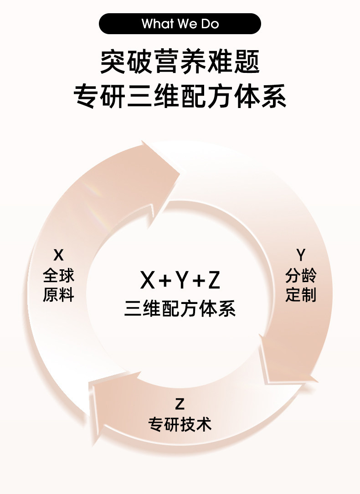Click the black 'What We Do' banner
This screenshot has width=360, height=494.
click(x=180, y=24)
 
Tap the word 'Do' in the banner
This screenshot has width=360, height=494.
click(x=210, y=24)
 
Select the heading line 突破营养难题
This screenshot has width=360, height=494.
click(x=180, y=63)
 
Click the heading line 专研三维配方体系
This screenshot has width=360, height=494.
click(x=180, y=97)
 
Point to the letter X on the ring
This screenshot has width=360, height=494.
click(x=58, y=254)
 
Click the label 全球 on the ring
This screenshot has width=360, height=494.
click(x=58, y=275)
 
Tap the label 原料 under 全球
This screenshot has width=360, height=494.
click(x=58, y=295)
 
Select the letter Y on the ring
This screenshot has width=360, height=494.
click(x=300, y=254)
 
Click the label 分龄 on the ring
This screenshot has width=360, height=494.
click(x=300, y=275)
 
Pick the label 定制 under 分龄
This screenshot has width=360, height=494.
click(x=300, y=295)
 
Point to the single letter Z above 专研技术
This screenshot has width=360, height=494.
click(x=180, y=404)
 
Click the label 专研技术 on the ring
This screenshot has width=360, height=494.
click(x=180, y=424)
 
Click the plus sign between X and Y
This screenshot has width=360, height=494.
click(x=164, y=281)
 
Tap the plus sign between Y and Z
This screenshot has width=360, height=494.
click(x=197, y=281)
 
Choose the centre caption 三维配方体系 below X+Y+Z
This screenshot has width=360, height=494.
click(x=180, y=309)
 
